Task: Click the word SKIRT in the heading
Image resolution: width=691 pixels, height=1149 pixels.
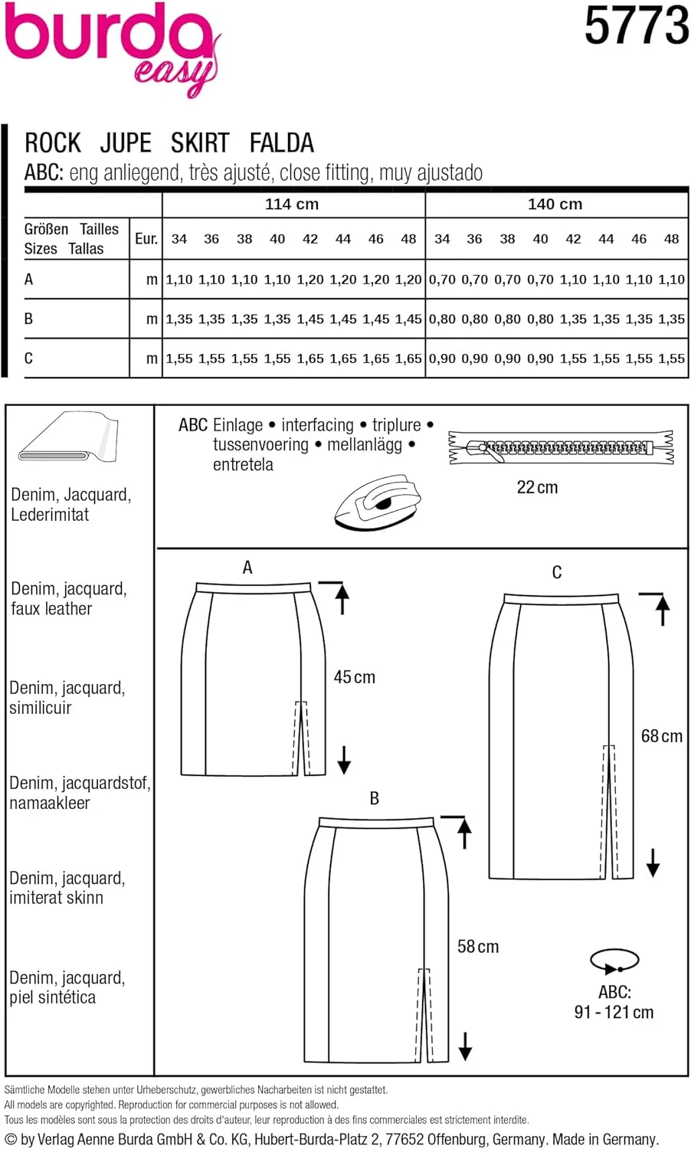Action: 199,143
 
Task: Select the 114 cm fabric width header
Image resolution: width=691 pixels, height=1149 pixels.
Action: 292,205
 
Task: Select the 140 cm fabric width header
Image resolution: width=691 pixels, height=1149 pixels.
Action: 555,205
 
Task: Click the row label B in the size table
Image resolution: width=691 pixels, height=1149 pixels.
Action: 29,319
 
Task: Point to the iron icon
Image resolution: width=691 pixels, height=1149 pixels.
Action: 378,502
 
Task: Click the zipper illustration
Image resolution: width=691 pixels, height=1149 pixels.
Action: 561,447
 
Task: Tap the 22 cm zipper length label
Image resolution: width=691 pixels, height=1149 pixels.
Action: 537,487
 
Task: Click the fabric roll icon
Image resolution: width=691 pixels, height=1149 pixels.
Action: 69,438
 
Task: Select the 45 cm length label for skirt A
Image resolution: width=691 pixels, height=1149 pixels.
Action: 354,677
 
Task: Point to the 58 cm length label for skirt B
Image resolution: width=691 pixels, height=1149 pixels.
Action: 477,947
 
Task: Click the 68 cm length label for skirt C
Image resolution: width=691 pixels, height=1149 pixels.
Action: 661,736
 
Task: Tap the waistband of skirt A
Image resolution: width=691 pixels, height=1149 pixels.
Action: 254,588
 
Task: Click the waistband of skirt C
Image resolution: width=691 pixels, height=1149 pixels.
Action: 561,598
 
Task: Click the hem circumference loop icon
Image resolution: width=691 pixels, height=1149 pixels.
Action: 614,961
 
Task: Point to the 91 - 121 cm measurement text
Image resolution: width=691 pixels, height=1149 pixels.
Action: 614,1012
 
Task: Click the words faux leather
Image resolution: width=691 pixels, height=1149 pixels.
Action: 51,609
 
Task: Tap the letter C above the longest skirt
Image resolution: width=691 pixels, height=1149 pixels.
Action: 557,572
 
